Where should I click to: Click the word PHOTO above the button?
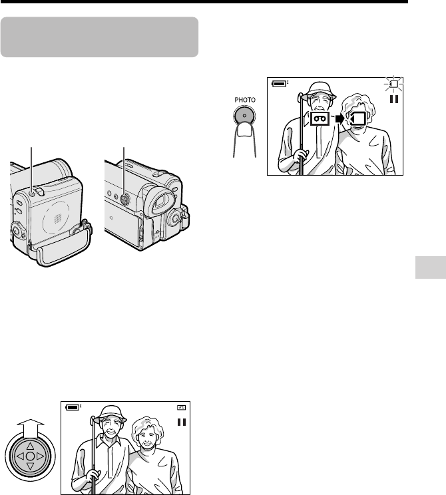[245, 100]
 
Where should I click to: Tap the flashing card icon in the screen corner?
[393, 84]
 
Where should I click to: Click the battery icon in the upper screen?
[280, 84]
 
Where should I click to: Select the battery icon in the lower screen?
[73, 407]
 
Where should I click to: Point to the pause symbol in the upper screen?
[394, 99]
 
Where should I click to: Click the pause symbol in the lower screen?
[181, 422]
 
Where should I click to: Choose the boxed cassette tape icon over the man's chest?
[320, 118]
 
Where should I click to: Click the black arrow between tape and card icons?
[339, 118]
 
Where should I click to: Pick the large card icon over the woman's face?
[358, 118]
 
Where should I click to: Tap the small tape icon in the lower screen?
[181, 408]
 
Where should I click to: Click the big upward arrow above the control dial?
[31, 428]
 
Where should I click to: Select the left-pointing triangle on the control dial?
[20, 456]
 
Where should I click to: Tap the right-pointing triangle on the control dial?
[41, 456]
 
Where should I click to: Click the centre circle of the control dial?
[30, 456]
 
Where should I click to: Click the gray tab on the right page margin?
[431, 267]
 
